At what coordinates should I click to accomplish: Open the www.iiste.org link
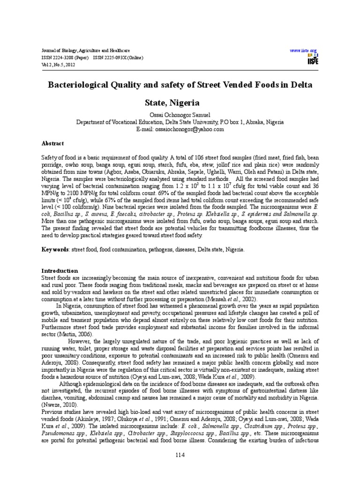(304, 50)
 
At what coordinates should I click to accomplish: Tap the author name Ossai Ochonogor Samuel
(180, 115)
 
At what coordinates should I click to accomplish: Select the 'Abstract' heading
(52, 143)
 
